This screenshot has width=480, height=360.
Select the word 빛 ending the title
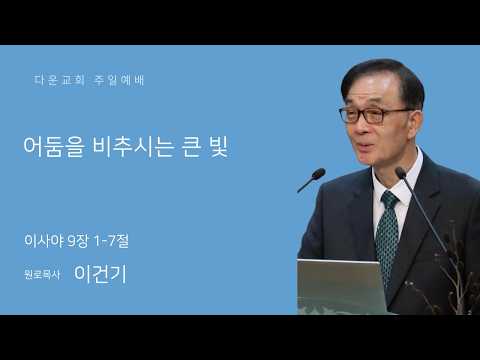219,146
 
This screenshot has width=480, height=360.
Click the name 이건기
100,274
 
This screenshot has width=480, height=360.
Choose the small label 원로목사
42,275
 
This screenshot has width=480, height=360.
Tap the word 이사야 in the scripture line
44,241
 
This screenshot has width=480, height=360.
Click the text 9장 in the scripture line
77,241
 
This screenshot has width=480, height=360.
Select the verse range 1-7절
112,241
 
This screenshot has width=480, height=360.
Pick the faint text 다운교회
59,80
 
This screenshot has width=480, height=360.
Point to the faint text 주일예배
119,80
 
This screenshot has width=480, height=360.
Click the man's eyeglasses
373,115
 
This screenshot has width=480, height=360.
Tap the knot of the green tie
390,199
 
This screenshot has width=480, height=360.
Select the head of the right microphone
400,172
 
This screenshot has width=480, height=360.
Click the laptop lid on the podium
341,287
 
